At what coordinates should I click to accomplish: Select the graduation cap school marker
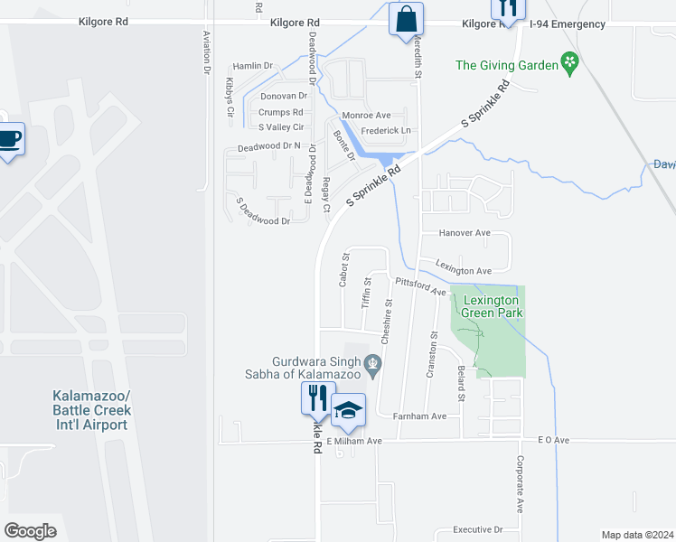[348, 411]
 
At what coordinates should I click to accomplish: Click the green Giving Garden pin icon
[569, 64]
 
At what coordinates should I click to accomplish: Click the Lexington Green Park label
[492, 306]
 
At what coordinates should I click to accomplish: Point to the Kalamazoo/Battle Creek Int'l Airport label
[90, 410]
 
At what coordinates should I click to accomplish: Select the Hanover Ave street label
[464, 233]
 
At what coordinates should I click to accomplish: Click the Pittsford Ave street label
[421, 286]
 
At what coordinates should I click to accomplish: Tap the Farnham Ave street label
[420, 416]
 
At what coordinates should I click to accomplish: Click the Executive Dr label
[477, 529]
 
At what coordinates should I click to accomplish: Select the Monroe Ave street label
[366, 116]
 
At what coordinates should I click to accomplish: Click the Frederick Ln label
[386, 131]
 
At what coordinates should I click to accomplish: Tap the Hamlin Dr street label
[252, 66]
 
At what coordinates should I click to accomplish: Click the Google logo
[30, 531]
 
